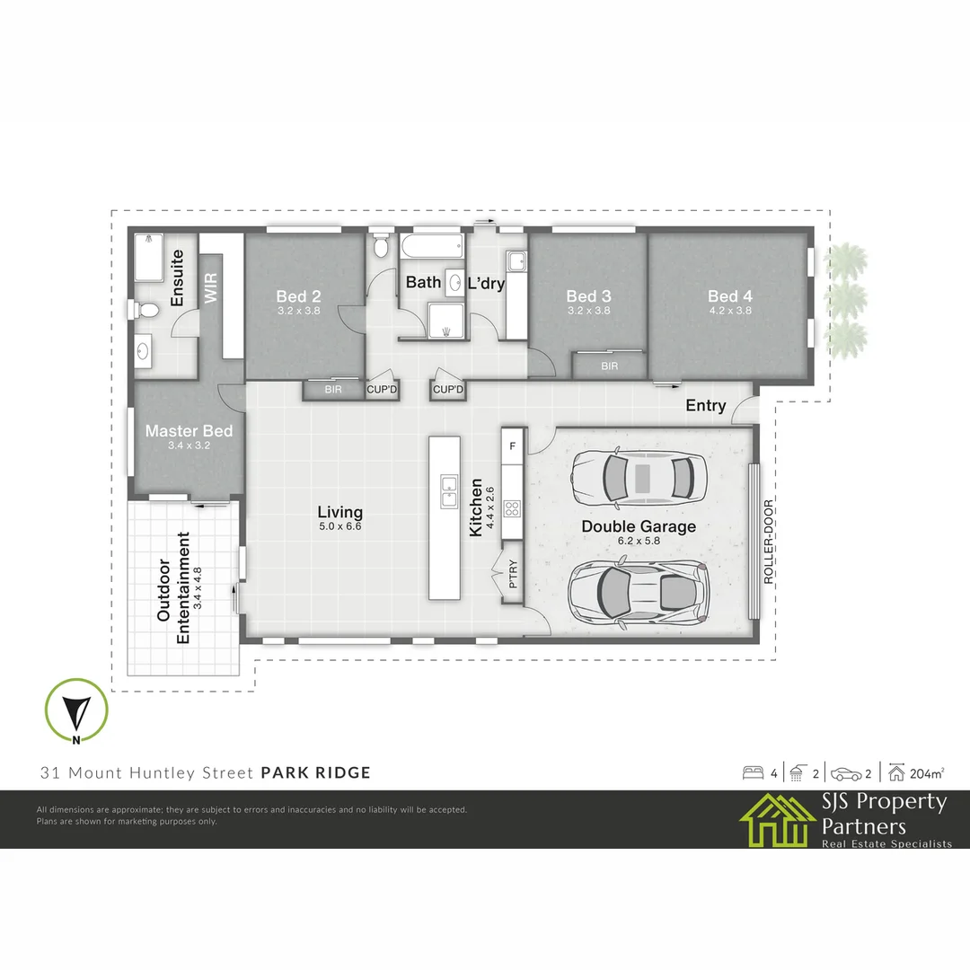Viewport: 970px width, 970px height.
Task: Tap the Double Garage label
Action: (x=639, y=526)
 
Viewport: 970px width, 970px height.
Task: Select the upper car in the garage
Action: (x=639, y=477)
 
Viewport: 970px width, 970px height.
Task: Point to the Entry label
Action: (x=705, y=406)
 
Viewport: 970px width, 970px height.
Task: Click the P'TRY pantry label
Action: (x=514, y=574)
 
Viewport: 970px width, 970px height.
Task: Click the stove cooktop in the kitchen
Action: (x=513, y=508)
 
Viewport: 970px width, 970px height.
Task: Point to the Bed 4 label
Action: (x=729, y=296)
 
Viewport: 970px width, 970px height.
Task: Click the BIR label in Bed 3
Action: (x=610, y=366)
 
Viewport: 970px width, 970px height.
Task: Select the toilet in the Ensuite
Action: (x=146, y=310)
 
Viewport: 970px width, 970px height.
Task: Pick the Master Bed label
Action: (x=189, y=431)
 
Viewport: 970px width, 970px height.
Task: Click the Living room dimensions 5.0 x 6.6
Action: (x=339, y=527)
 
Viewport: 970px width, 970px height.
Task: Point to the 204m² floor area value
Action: (x=926, y=772)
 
